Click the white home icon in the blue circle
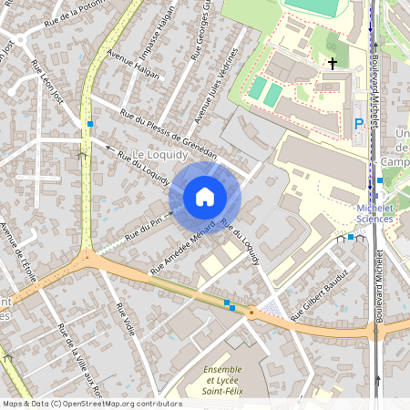tap(205, 197)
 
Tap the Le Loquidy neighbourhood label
tap(166, 155)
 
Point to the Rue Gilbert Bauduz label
tap(320, 296)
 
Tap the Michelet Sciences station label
tap(374, 213)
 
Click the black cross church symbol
tap(333, 64)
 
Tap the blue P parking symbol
tap(358, 123)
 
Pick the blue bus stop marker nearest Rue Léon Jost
tap(89, 124)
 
